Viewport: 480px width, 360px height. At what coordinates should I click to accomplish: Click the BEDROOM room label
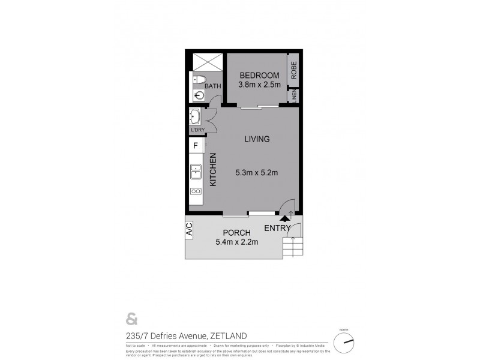(x=259, y=75)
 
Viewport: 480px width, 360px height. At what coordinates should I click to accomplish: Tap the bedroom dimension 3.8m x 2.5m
(x=259, y=86)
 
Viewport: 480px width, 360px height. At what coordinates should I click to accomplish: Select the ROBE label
(x=294, y=70)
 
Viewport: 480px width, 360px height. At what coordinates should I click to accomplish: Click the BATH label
(x=213, y=86)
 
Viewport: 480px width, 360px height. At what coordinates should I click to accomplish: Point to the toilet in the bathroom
(x=200, y=79)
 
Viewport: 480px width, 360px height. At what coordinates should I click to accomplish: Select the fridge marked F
(x=195, y=145)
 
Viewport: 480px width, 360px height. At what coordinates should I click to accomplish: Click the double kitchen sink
(x=196, y=172)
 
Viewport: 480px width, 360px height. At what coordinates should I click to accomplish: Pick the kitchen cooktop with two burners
(x=196, y=191)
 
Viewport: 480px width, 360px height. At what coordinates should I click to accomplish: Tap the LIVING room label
(x=257, y=139)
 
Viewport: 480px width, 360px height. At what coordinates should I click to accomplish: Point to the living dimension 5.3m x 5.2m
(x=257, y=173)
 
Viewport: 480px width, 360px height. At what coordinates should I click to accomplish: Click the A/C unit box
(x=189, y=229)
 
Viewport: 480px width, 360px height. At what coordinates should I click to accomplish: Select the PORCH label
(x=236, y=233)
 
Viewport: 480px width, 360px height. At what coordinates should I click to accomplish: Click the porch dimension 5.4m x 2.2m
(x=236, y=242)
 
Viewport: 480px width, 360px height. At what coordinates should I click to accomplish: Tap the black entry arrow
(x=285, y=220)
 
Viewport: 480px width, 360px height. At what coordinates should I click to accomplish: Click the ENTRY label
(x=277, y=229)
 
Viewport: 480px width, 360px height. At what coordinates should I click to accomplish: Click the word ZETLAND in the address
(x=227, y=336)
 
